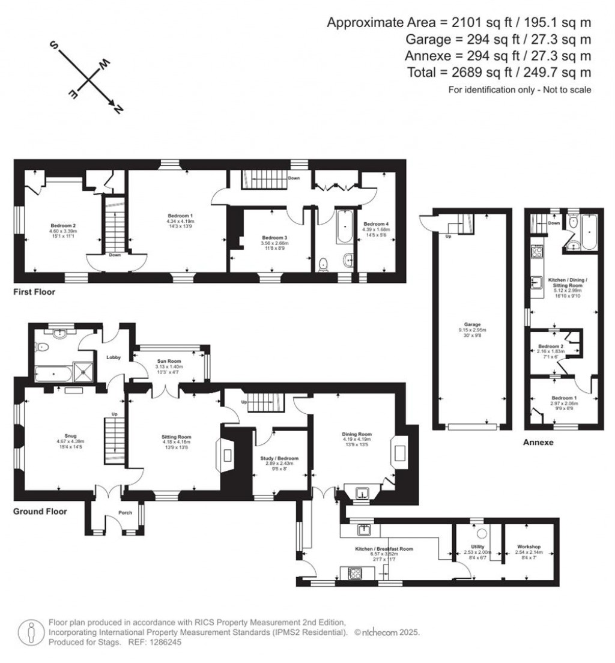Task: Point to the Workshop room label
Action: (x=529, y=546)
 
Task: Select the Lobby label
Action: (x=114, y=357)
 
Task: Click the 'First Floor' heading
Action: (x=35, y=292)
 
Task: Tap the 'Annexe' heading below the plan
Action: (x=538, y=443)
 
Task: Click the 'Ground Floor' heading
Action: (x=40, y=512)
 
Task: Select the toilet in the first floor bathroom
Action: (x=324, y=263)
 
